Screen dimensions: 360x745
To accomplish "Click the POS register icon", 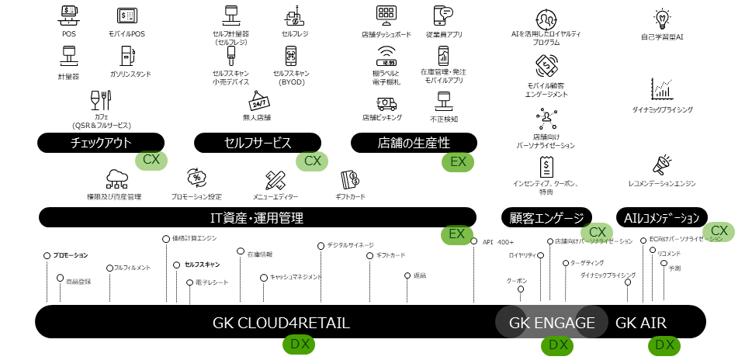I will pos(69,15).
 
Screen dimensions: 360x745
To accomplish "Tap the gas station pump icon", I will pos(128,56).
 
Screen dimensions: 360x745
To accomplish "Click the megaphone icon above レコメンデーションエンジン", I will pos(662,164).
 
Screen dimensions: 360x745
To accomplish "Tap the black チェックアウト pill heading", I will pos(101,142).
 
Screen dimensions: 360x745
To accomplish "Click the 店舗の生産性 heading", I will pos(414,142).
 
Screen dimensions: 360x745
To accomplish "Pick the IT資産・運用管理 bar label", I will pos(257,217).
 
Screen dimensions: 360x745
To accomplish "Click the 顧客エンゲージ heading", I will pos(546,217).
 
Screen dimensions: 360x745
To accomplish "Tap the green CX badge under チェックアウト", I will pos(151,161).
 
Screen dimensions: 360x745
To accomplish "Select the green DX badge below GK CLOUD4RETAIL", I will pos(299,344).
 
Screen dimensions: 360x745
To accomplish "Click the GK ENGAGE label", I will pos(552,323).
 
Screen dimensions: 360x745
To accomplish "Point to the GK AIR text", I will pos(641,323).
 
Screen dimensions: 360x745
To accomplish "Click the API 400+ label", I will pos(504,242).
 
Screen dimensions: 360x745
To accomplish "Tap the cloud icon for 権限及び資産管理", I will pos(116,179).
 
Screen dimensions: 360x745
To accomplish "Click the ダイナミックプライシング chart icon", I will pos(662,89).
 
